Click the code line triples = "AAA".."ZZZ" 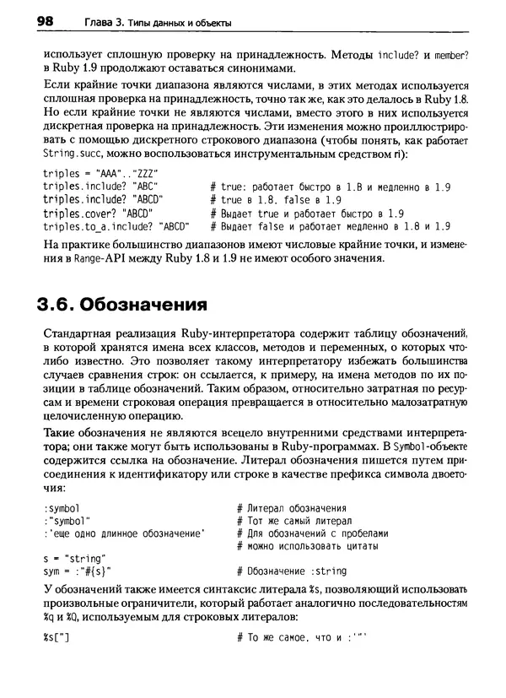click(87, 172)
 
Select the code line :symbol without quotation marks click(61, 508)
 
